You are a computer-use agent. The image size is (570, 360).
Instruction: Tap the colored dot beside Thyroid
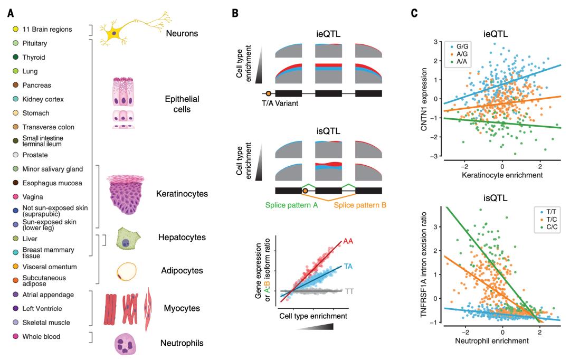16,57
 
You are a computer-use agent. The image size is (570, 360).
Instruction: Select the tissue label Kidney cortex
45,99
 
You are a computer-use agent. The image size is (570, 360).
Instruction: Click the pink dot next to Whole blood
16,336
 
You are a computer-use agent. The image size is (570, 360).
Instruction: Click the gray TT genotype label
349,291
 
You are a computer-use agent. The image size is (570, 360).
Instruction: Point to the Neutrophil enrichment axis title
492,341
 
